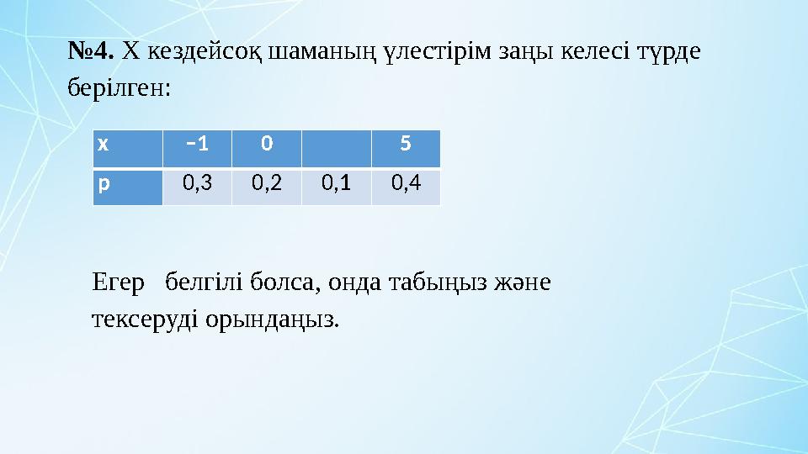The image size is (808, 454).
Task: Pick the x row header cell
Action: click(x=127, y=144)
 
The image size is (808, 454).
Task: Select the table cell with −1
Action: click(x=197, y=144)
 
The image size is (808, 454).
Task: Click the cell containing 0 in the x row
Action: click(x=266, y=144)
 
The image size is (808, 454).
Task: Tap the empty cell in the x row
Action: click(x=336, y=144)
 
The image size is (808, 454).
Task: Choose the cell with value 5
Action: click(x=406, y=144)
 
